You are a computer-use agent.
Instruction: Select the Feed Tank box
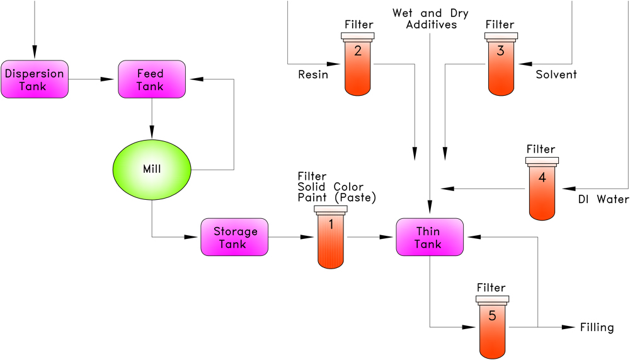coord(151,79)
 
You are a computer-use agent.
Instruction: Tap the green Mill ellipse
coord(152,169)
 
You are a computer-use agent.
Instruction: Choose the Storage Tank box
coord(234,237)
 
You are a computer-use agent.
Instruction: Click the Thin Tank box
coord(429,237)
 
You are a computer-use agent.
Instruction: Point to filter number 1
coord(331,237)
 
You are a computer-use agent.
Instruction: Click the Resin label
coord(313,75)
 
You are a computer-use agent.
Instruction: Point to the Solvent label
coord(556,75)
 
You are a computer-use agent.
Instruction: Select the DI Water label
coord(603,200)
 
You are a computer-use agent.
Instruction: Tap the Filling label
coord(596,327)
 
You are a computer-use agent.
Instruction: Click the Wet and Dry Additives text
coord(430,19)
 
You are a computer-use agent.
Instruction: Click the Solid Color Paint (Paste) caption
coord(336,192)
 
